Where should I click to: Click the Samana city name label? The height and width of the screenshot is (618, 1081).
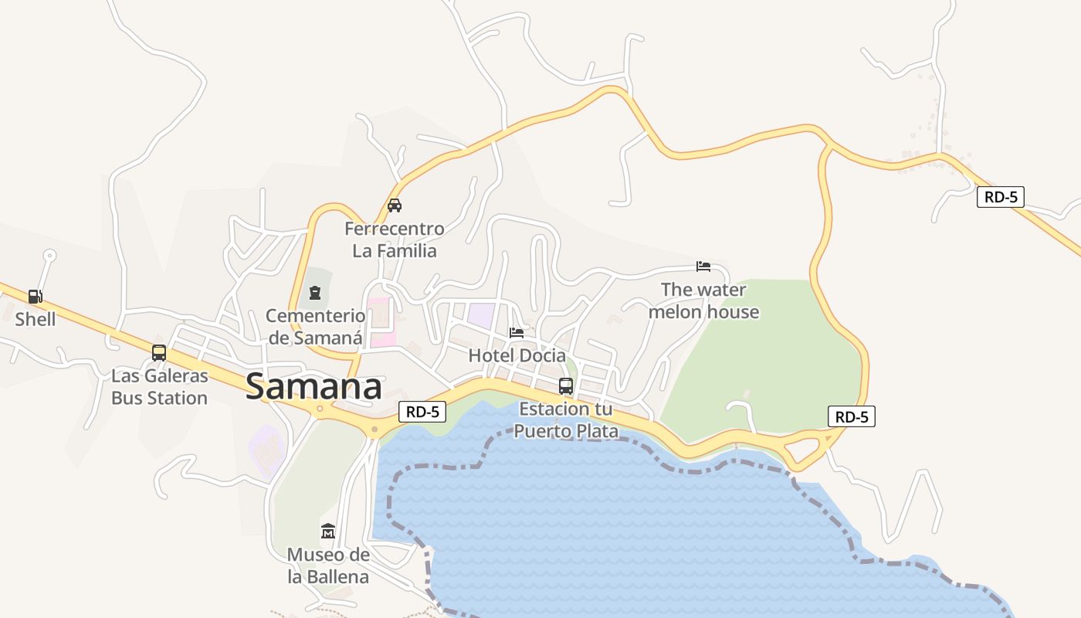(x=313, y=387)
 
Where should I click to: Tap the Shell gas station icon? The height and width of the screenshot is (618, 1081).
(x=35, y=296)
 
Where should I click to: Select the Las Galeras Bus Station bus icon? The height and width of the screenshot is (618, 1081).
(x=159, y=353)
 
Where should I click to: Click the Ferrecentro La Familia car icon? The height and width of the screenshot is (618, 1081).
(x=395, y=205)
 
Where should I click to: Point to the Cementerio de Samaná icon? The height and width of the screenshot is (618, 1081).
(x=315, y=293)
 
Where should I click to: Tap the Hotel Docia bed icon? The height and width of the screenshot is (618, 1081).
(x=517, y=333)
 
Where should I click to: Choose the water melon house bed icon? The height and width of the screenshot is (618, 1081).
(x=703, y=267)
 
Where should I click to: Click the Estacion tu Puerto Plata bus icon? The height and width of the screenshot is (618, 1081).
(x=566, y=386)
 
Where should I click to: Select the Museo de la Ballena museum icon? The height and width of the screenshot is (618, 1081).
(x=328, y=531)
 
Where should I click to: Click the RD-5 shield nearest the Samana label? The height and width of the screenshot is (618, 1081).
(x=422, y=412)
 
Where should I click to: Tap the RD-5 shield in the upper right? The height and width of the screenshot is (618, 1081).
(x=1001, y=197)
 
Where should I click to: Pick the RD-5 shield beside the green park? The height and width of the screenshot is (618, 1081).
(x=852, y=417)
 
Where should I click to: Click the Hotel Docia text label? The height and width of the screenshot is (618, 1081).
(x=517, y=355)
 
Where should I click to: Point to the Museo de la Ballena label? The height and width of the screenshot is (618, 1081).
(x=328, y=565)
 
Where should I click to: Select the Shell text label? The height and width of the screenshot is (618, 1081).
(x=36, y=318)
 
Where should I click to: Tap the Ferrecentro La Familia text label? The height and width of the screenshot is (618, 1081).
(x=395, y=239)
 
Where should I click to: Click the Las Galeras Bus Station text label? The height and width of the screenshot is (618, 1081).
(x=159, y=387)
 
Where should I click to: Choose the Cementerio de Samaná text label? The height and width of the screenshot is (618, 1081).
(x=315, y=326)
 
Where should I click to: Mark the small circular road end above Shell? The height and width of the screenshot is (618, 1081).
(x=49, y=254)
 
